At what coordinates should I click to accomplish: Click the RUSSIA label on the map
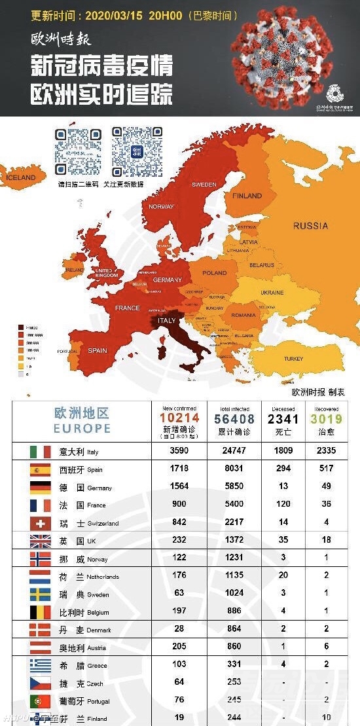[310, 226]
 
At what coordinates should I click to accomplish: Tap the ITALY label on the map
[167, 321]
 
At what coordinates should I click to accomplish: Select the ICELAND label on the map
[20, 177]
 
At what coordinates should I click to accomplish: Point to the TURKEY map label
[293, 359]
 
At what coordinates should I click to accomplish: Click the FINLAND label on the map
[247, 195]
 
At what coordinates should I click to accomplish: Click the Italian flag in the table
[41, 452]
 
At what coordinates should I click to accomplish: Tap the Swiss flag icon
[41, 523]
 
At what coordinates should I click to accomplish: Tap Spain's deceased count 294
[283, 469]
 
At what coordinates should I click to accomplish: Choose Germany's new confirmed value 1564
[179, 486]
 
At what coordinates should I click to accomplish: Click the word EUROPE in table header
[82, 429]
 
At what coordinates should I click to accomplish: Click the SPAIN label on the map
[97, 350]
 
